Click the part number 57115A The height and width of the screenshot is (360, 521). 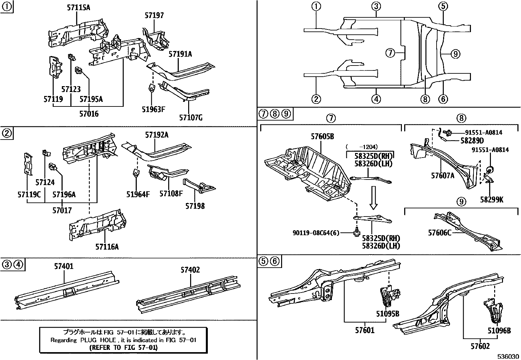click(x=79, y=7)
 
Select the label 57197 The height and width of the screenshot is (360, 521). click(x=154, y=15)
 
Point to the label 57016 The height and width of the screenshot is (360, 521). click(x=89, y=114)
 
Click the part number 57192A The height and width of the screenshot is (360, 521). click(x=157, y=135)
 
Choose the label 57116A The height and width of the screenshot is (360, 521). click(x=107, y=247)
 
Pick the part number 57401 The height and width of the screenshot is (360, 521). click(x=64, y=266)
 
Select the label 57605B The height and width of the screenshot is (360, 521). click(x=322, y=137)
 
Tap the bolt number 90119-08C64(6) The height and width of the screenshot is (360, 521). click(x=316, y=233)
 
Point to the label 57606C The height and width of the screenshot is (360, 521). click(x=440, y=233)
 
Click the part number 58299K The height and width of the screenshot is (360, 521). click(x=492, y=199)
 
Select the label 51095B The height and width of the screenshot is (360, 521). click(x=387, y=313)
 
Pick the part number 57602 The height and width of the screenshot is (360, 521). click(x=480, y=346)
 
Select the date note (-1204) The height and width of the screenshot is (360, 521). click(x=361, y=147)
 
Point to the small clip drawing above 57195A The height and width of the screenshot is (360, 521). click(x=79, y=70)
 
